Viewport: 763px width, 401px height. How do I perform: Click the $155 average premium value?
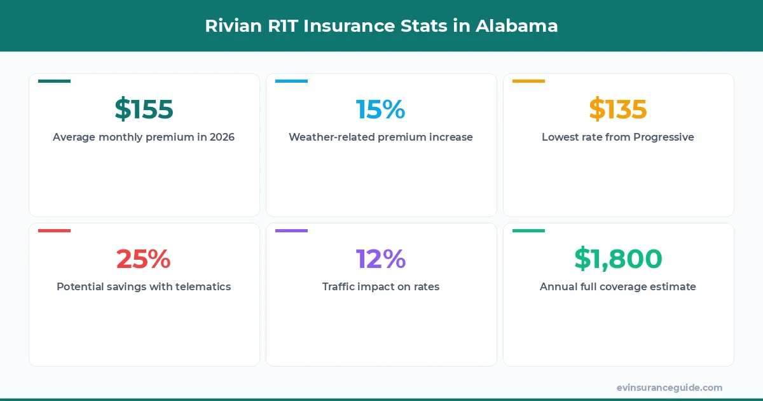click(x=144, y=109)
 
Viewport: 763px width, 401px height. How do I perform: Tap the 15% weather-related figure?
click(x=380, y=109)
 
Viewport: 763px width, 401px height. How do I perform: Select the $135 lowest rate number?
click(x=617, y=109)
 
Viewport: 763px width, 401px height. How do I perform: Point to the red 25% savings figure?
click(x=144, y=258)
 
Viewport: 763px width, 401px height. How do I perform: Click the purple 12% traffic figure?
click(x=380, y=258)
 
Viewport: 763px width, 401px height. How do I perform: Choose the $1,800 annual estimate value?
click(x=617, y=258)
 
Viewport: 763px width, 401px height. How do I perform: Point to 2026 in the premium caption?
click(x=222, y=137)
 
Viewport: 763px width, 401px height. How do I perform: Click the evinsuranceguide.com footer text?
click(x=669, y=388)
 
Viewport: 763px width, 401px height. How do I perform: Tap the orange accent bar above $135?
click(x=528, y=81)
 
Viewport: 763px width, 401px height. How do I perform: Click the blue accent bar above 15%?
click(x=291, y=81)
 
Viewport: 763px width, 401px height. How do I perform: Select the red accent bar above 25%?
click(x=54, y=230)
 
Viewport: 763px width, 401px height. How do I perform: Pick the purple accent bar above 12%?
click(x=291, y=230)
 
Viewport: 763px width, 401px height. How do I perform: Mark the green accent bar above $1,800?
click(x=528, y=230)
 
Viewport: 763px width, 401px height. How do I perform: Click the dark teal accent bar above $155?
click(x=54, y=81)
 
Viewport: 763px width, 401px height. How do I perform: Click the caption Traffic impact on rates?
click(x=380, y=286)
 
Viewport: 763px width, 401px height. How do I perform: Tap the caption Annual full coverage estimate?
click(x=617, y=286)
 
